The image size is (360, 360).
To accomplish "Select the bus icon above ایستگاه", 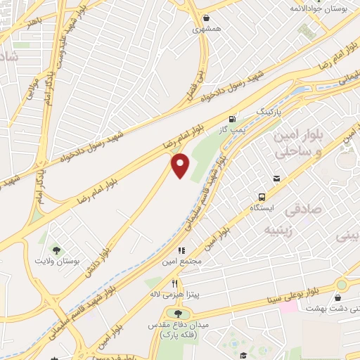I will (262, 197).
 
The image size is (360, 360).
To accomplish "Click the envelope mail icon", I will (278, 179).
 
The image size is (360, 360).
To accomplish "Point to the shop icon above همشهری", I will (205, 19).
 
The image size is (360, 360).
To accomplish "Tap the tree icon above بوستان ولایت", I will (56, 249).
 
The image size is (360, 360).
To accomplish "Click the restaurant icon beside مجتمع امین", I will (181, 250).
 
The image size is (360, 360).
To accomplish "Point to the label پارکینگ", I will (267, 112).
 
